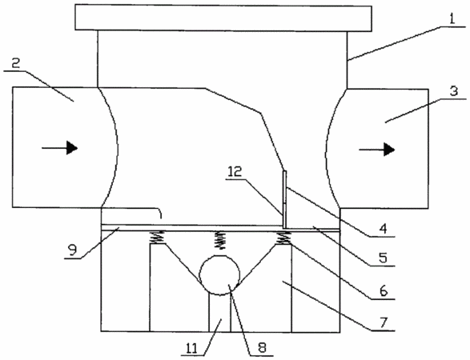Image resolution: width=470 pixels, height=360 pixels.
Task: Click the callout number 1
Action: click(x=452, y=19)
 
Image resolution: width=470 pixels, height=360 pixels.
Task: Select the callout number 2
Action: click(x=14, y=63)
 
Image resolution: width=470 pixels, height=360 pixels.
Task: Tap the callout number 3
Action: click(x=454, y=90)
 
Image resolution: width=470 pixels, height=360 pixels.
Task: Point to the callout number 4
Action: click(x=383, y=229)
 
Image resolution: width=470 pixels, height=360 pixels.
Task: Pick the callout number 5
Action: click(x=383, y=258)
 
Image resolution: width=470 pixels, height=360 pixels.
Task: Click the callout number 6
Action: click(x=384, y=290)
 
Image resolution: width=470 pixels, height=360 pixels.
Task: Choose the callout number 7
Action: click(x=384, y=323)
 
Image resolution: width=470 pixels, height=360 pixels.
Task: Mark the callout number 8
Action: click(x=262, y=348)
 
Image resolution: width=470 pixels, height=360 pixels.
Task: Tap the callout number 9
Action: click(x=72, y=250)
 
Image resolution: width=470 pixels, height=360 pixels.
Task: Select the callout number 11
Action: click(x=192, y=348)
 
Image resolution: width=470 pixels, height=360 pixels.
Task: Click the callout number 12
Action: click(x=235, y=172)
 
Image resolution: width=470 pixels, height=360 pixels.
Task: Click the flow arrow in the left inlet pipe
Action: click(x=59, y=148)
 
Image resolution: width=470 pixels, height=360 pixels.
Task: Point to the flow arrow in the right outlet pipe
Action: click(x=377, y=149)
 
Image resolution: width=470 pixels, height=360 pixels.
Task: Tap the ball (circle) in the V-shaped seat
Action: click(x=219, y=275)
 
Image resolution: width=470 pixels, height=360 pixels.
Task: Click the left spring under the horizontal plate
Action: click(x=157, y=238)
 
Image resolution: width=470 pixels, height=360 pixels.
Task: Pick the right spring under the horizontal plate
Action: click(x=283, y=238)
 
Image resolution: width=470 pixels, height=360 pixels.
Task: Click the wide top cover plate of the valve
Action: click(x=223, y=18)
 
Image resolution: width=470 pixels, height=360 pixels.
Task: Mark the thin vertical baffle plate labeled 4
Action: click(x=284, y=199)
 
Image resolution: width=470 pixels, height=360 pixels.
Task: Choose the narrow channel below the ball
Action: click(x=219, y=314)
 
